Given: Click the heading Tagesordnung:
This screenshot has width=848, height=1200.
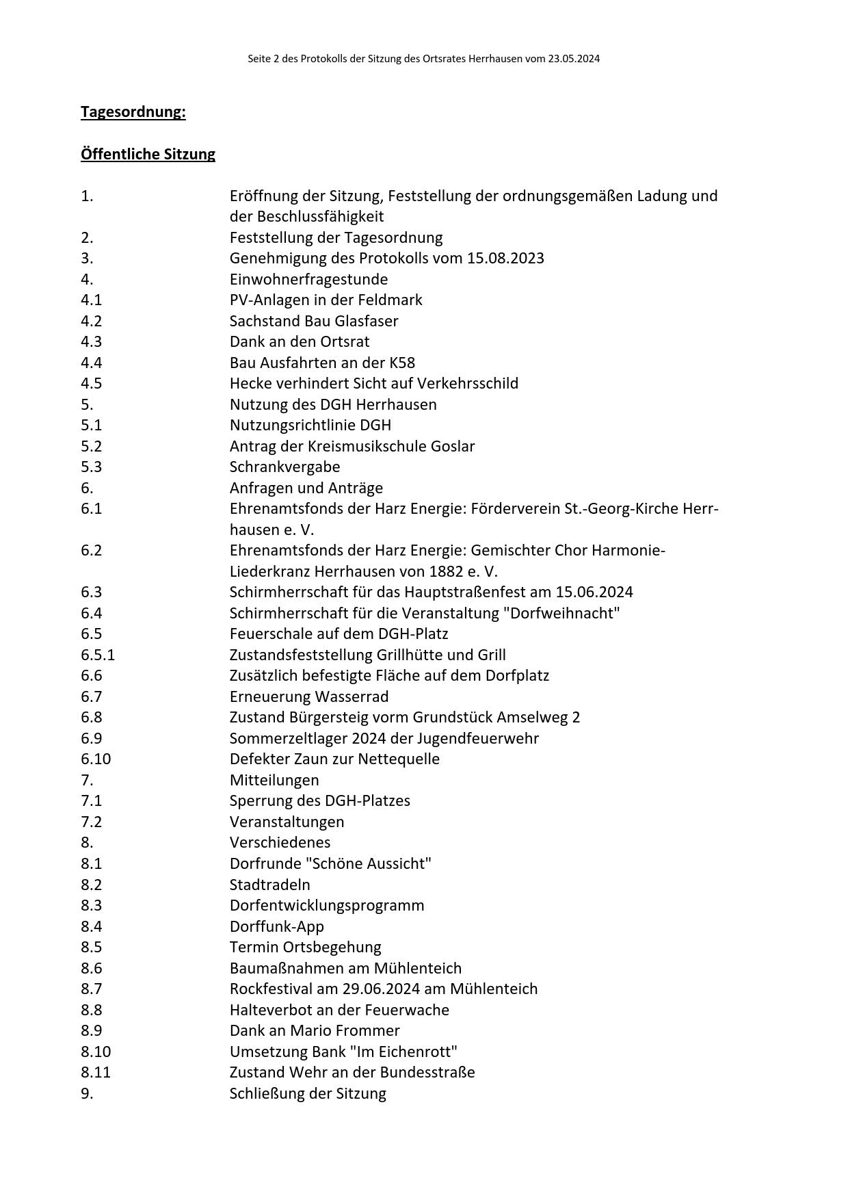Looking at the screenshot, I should point(133,112).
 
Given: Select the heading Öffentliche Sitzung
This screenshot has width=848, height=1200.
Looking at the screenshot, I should point(148,154).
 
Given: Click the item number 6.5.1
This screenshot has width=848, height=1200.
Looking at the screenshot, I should point(98,655).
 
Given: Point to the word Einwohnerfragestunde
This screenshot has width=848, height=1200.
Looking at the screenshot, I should point(308,279).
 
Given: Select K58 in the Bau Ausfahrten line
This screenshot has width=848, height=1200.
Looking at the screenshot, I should point(401,363).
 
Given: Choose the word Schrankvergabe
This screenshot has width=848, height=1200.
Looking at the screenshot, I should point(284,467).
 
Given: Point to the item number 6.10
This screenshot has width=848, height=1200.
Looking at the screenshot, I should point(96,759).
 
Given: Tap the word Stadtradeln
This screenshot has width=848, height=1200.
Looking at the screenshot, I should point(269,885).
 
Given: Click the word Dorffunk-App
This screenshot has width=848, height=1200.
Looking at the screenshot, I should point(276,926).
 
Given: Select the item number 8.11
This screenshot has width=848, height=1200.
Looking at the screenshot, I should point(96,1072).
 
